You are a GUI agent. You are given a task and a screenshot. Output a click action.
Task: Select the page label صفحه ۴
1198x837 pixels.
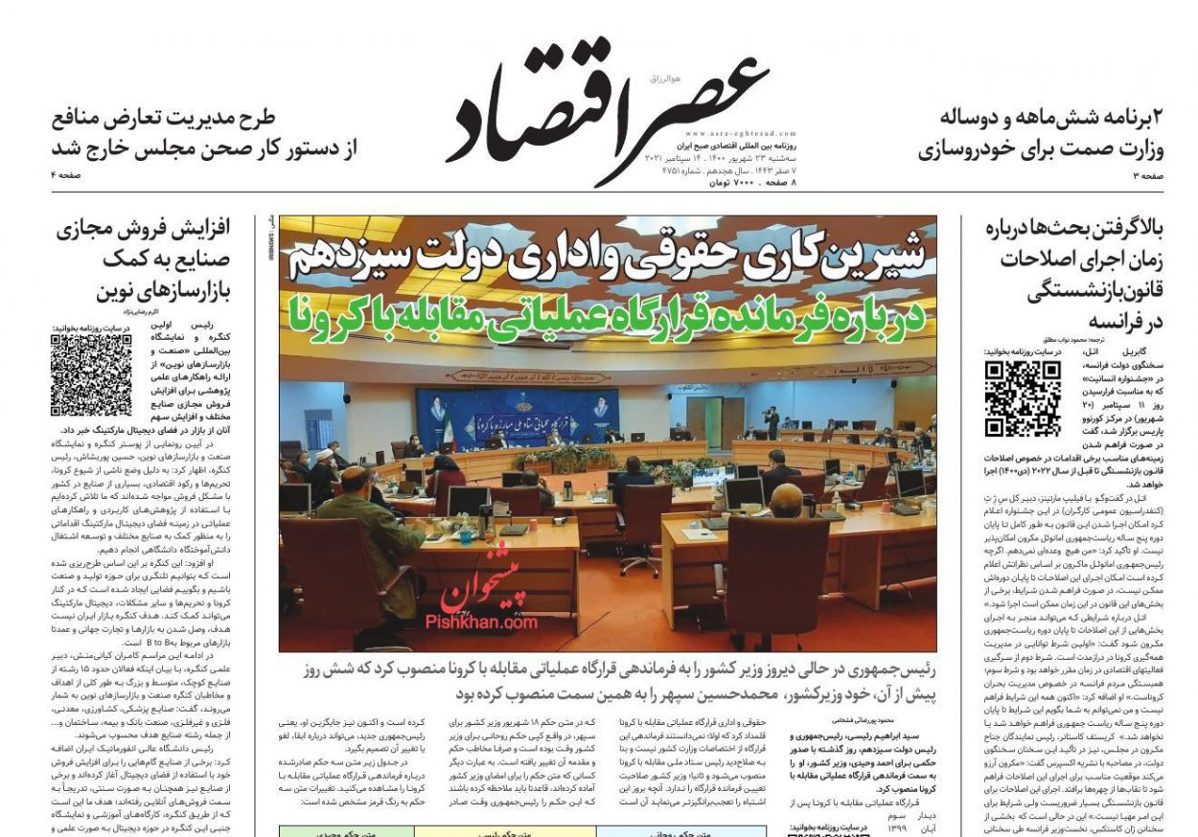(x=67, y=175)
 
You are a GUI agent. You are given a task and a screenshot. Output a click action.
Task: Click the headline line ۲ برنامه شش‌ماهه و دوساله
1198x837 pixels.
(x=1052, y=119)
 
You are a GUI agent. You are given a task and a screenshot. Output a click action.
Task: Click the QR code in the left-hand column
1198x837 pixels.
(x=91, y=374)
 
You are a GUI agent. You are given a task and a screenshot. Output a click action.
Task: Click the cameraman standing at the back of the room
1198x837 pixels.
(x=772, y=421)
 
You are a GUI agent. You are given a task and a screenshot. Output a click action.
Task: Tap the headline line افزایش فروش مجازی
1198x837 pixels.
(x=149, y=230)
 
